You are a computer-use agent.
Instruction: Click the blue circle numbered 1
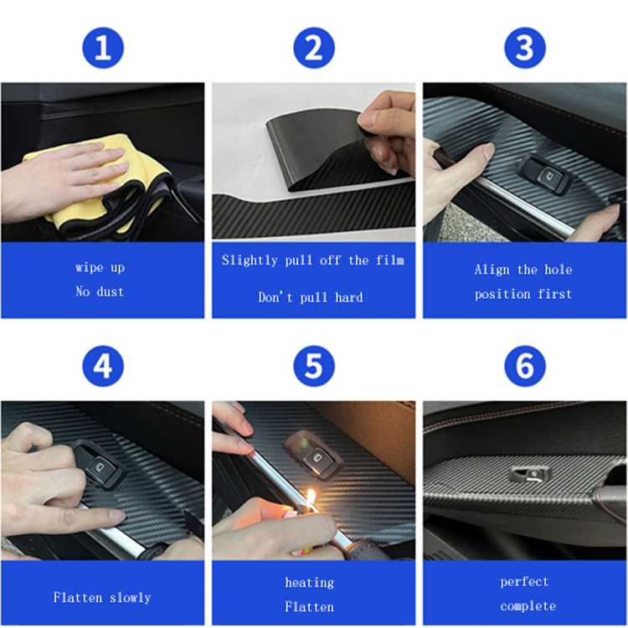[103, 48]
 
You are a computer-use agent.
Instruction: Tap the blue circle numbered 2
[314, 48]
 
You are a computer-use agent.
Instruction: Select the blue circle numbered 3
[525, 48]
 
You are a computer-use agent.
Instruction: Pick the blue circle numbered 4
[103, 366]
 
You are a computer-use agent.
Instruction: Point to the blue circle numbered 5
[314, 366]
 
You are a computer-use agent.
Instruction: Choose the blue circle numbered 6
[525, 366]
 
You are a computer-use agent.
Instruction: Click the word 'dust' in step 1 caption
[111, 291]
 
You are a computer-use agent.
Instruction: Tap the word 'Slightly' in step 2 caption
[250, 260]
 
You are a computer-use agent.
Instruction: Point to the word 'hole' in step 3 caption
[559, 269]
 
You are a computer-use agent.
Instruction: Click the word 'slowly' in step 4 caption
[130, 598]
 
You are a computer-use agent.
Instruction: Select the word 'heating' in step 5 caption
[309, 583]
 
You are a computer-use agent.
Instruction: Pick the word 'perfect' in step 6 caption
[524, 582]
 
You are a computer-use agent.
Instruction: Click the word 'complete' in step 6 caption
[528, 606]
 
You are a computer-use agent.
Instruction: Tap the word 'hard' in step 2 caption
[349, 297]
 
